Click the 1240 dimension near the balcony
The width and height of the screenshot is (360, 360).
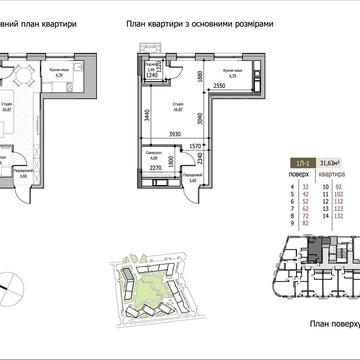[x=151, y=75]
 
